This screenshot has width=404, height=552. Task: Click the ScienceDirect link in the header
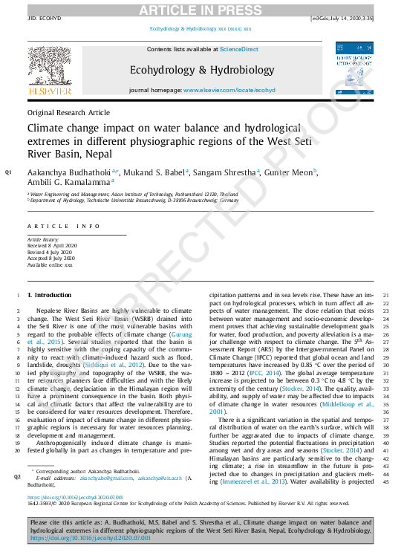coord(238,49)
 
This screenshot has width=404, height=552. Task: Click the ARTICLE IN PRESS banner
coord(201,9)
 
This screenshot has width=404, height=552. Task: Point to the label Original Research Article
coord(68,112)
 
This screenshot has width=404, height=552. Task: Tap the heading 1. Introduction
coord(49,295)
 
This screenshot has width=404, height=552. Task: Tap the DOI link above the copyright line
coord(75,497)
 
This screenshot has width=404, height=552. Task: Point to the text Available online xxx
coord(50,264)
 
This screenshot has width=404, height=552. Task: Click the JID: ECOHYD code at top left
coord(42,18)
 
